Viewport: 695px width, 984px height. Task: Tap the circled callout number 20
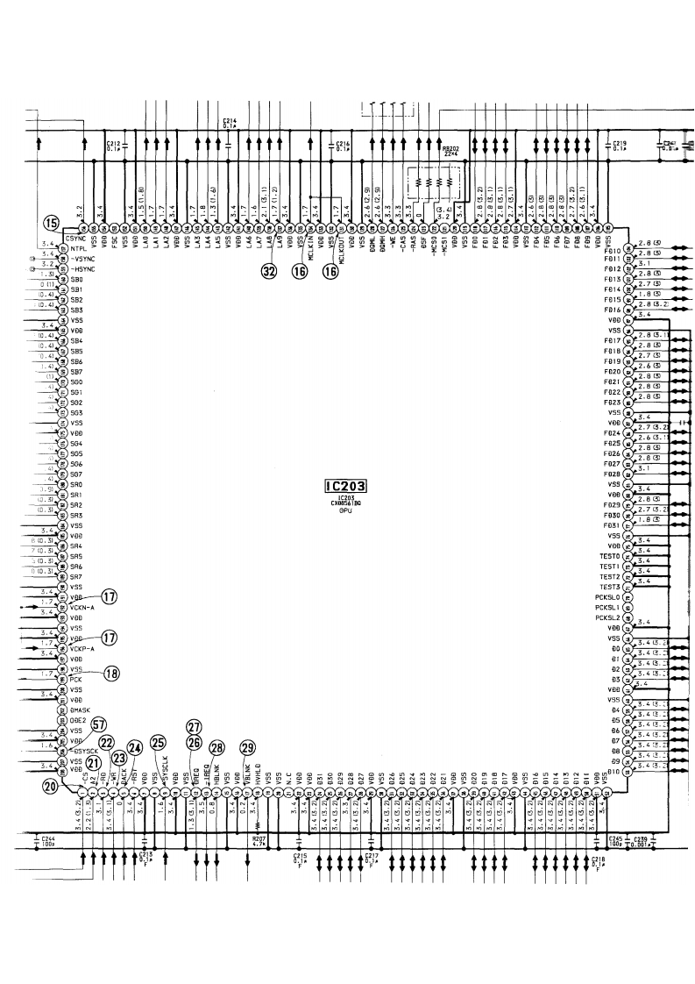(52, 786)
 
